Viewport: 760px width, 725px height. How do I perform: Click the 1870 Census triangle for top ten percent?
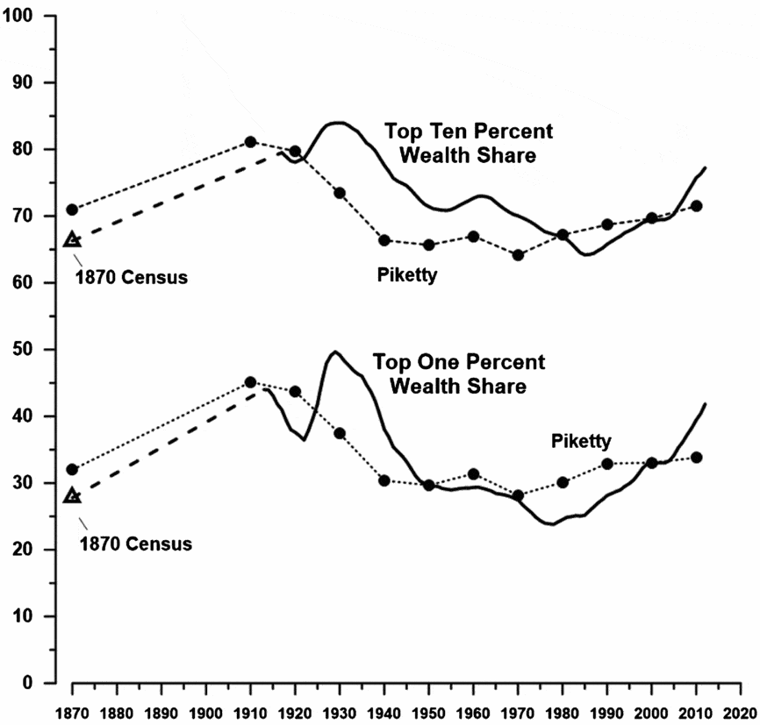(x=72, y=239)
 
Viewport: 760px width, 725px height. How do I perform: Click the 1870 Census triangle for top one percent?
(x=72, y=495)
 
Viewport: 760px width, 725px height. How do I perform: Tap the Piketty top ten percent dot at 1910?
(x=250, y=142)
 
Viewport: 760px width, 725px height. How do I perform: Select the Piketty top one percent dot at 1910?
(x=250, y=382)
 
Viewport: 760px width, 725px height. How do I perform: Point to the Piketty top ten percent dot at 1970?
(x=518, y=255)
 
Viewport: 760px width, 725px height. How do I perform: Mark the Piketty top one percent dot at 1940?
(x=384, y=480)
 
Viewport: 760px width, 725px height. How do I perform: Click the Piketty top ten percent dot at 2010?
(x=696, y=206)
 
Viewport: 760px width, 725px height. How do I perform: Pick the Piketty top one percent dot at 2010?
(x=696, y=457)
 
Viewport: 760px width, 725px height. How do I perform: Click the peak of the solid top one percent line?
(x=335, y=352)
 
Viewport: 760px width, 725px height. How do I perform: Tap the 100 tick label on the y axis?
(x=18, y=16)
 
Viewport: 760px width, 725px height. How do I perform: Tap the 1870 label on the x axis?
(x=72, y=711)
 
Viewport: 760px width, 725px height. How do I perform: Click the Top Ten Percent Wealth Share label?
(x=469, y=144)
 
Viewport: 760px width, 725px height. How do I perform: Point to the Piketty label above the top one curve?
(x=581, y=441)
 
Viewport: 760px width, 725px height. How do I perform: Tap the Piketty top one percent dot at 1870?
(x=72, y=470)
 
